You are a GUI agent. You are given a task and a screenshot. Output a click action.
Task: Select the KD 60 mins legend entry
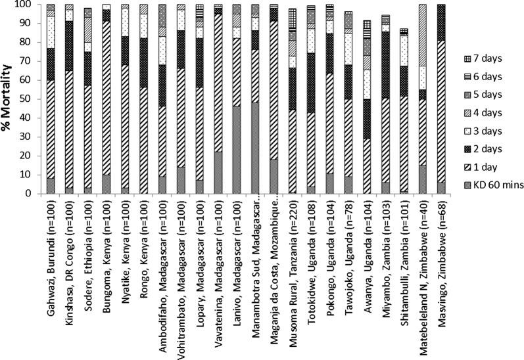point(498,186)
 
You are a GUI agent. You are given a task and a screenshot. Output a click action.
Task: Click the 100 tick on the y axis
point(29,5)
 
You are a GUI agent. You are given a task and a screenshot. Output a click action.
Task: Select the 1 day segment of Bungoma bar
point(107,98)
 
